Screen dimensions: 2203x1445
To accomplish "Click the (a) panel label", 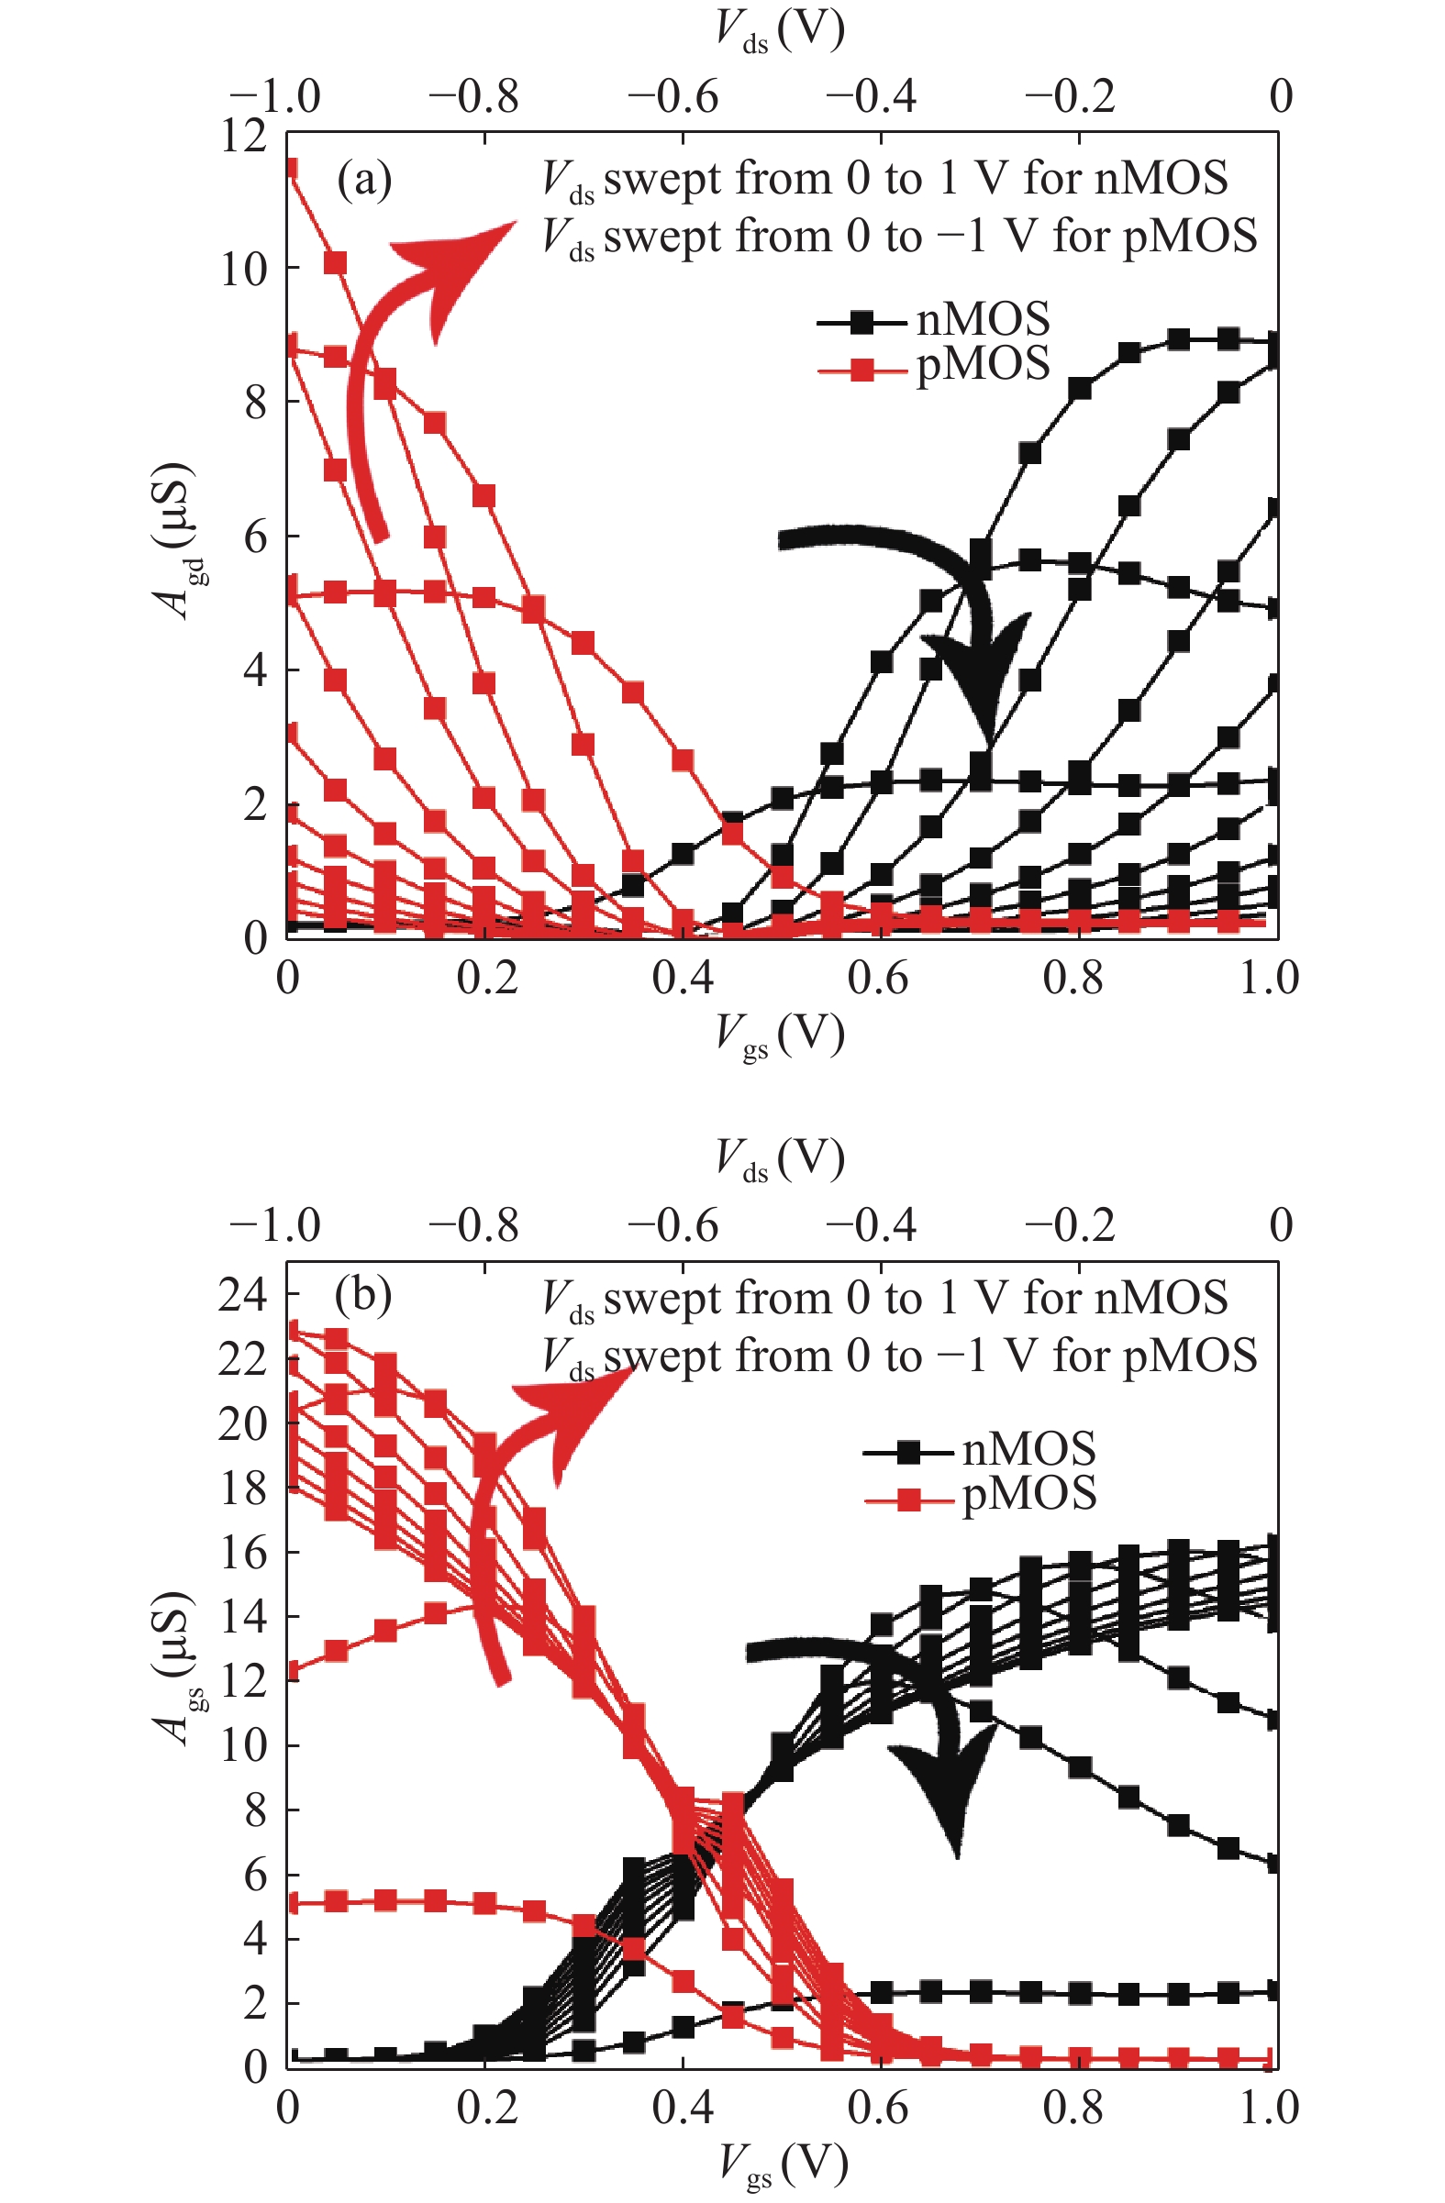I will coord(364,180).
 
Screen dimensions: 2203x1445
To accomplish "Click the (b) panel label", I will coord(363,1295).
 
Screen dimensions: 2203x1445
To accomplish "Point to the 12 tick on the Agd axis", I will coord(243,136).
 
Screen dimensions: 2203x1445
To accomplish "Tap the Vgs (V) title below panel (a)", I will coord(780,1035).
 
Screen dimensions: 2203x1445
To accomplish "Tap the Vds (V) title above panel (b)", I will coord(780,1159).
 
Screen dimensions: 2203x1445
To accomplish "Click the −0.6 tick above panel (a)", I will coord(673,97).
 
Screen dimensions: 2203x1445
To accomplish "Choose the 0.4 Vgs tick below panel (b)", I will coord(683,2108).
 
